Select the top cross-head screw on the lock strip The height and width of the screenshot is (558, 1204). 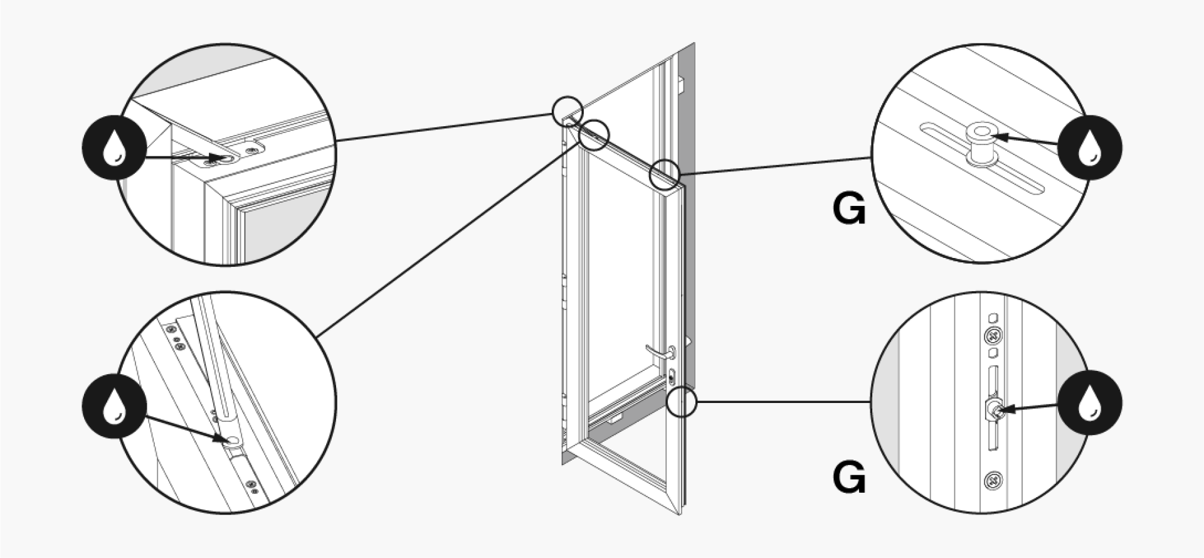coord(993,336)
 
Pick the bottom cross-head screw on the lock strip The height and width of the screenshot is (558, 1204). coord(993,481)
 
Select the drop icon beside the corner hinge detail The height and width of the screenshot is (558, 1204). coord(115,148)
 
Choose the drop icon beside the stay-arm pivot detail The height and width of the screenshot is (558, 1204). coord(115,406)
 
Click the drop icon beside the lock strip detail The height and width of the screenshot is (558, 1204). coord(1090,403)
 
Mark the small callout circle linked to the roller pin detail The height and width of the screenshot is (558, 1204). coord(665,174)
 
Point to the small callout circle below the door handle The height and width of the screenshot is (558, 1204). coord(682,402)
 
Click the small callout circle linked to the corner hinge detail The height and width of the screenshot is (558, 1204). coord(568,111)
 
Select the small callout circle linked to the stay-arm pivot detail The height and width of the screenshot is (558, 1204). coord(593,135)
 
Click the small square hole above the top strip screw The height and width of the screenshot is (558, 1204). coord(993,316)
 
